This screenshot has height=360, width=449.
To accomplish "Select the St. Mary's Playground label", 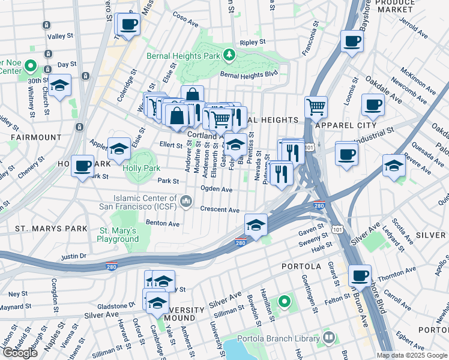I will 119,235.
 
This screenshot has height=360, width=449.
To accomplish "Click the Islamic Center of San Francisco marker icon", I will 186,199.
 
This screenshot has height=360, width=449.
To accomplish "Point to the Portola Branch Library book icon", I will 328,338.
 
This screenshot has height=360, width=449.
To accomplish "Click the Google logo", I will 20,353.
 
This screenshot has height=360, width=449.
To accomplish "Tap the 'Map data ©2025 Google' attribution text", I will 412,355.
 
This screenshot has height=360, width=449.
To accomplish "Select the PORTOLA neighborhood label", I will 301,265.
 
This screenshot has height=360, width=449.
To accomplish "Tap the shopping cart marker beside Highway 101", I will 316,108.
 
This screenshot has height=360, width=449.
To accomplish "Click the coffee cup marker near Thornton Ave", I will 360,276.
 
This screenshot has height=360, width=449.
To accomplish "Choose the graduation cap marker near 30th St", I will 60,86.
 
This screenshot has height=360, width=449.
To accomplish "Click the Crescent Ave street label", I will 220,210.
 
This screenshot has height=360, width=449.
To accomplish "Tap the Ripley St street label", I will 252,43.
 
